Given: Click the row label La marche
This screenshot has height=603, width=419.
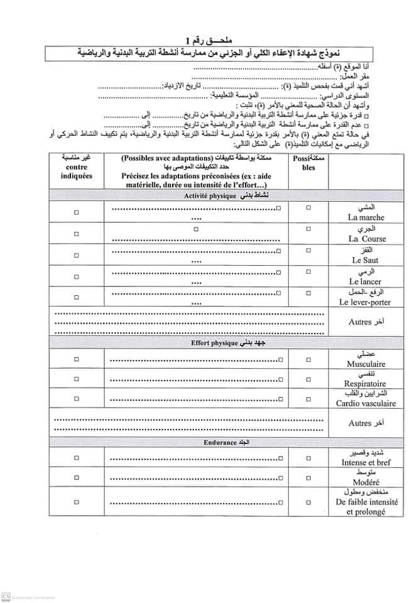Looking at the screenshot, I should [369, 217].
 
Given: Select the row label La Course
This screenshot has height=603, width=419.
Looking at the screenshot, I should [367, 239].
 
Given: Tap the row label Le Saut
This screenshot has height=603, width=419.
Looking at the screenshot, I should [364, 260].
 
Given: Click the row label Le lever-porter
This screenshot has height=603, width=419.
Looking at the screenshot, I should [364, 302].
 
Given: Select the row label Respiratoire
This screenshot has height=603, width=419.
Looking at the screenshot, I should [365, 383].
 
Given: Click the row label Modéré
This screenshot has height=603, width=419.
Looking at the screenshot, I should [364, 482].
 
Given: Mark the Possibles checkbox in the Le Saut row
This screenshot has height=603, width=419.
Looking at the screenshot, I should [308, 251].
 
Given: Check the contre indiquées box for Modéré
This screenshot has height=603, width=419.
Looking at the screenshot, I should [77, 479].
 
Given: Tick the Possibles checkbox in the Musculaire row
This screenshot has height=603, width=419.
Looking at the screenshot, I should [308, 359].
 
